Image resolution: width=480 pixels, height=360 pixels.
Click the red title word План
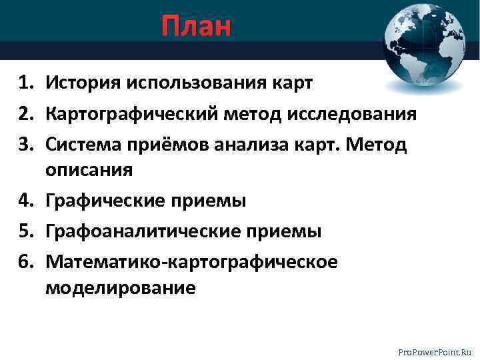click(x=196, y=27)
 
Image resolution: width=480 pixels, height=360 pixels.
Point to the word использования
click(x=194, y=83)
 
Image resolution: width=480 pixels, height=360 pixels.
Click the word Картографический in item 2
click(x=131, y=115)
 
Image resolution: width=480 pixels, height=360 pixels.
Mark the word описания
click(x=89, y=169)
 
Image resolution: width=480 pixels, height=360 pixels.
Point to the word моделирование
click(x=121, y=287)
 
